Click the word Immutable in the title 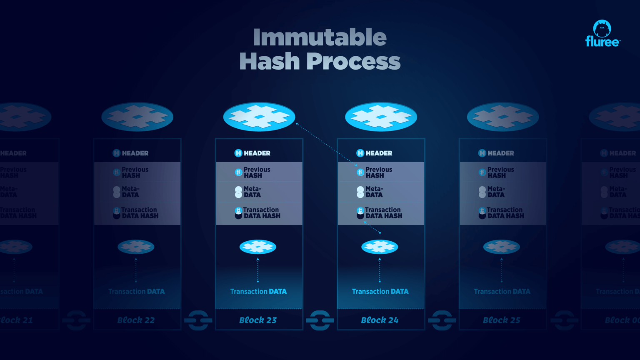pos(320,37)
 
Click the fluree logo pos(602,34)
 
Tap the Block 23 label pos(258,320)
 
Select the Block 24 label pos(380,320)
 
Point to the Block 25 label pos(502,320)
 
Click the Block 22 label pos(136,320)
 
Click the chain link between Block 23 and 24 pos(320,320)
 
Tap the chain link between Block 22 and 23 pos(198,320)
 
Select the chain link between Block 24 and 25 pos(442,320)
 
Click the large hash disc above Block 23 pos(259,117)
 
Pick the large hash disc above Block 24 pos(381,117)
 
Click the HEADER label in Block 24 pos(378,153)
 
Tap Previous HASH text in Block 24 pos(378,172)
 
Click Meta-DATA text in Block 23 pos(252,192)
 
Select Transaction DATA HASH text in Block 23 pos(261,213)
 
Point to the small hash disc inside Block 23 pos(258,247)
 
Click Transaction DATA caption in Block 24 pos(380,292)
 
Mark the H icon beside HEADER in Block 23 pos(238,153)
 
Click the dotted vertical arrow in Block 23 pos(258,270)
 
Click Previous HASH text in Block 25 pos(500,172)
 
